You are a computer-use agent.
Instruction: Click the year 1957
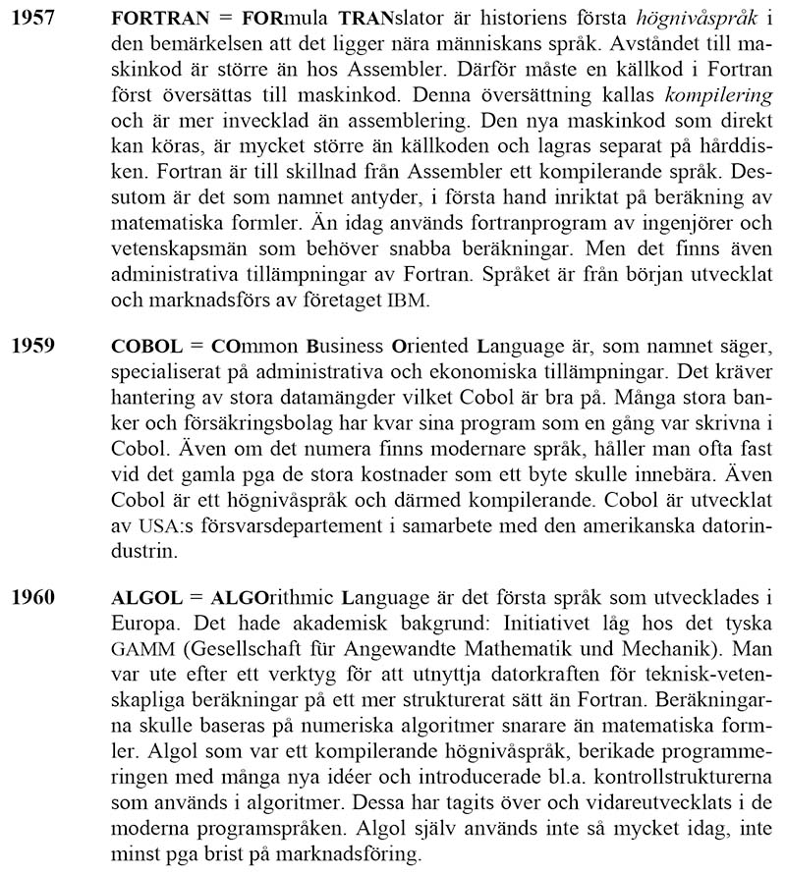click(x=31, y=19)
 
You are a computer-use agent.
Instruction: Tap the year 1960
click(x=31, y=596)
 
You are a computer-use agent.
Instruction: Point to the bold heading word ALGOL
click(x=146, y=596)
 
